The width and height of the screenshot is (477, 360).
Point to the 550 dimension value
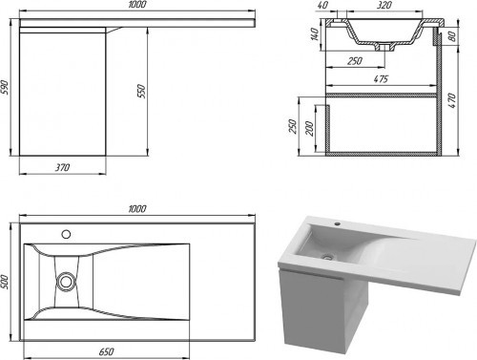(141, 92)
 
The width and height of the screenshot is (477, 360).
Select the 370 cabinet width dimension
(62, 167)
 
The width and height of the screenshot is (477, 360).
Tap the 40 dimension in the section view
(323, 5)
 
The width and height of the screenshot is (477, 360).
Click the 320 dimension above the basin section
(384, 5)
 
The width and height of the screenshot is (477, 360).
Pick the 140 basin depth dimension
(315, 34)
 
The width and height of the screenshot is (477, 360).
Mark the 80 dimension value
(452, 36)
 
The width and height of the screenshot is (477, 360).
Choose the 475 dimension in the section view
(381, 78)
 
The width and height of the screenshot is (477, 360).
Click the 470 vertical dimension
(452, 100)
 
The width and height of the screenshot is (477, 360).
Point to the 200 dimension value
(310, 128)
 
